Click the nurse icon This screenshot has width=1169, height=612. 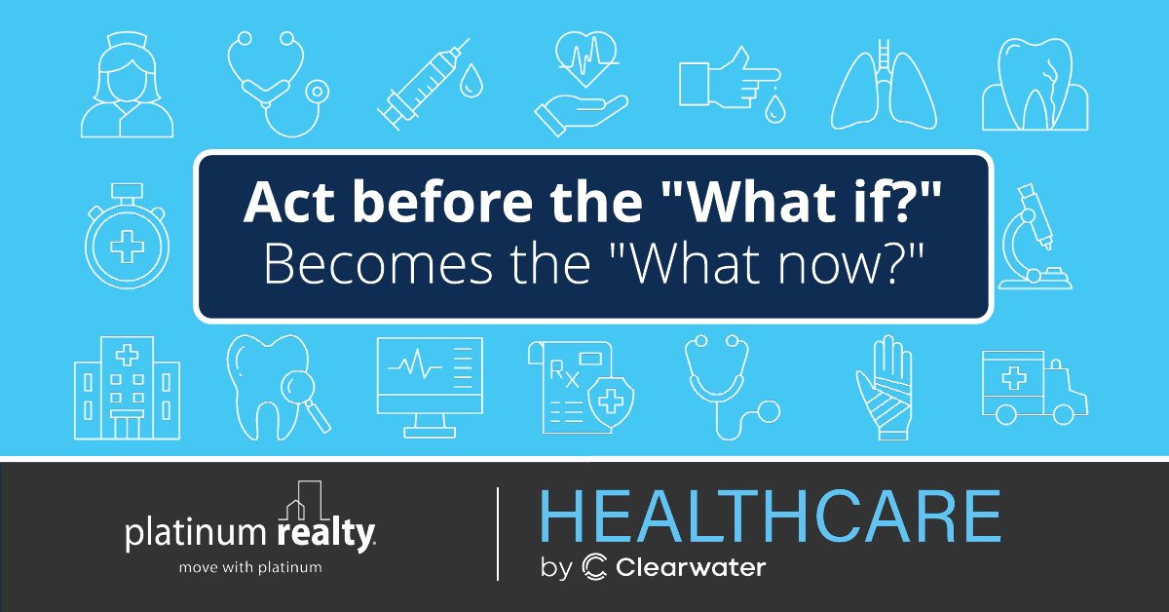pos(127,85)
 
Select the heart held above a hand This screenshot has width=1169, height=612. pos(586,59)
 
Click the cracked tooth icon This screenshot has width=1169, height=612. pos(1035,84)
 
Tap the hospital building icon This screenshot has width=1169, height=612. pos(127,388)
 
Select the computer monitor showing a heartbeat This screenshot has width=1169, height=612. pos(430,387)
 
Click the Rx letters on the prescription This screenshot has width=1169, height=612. pos(565,374)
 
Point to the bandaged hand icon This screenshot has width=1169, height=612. pos(885,388)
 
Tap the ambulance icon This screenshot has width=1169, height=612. pos(1035,387)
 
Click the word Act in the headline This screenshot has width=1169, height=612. pos(288,203)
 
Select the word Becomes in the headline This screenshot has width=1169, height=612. pos(378,264)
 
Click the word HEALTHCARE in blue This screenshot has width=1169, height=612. pos(771,516)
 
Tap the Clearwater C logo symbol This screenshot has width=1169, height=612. pos(594,567)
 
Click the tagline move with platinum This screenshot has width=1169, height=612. pos(250,567)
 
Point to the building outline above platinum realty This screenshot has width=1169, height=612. pos(304,500)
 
